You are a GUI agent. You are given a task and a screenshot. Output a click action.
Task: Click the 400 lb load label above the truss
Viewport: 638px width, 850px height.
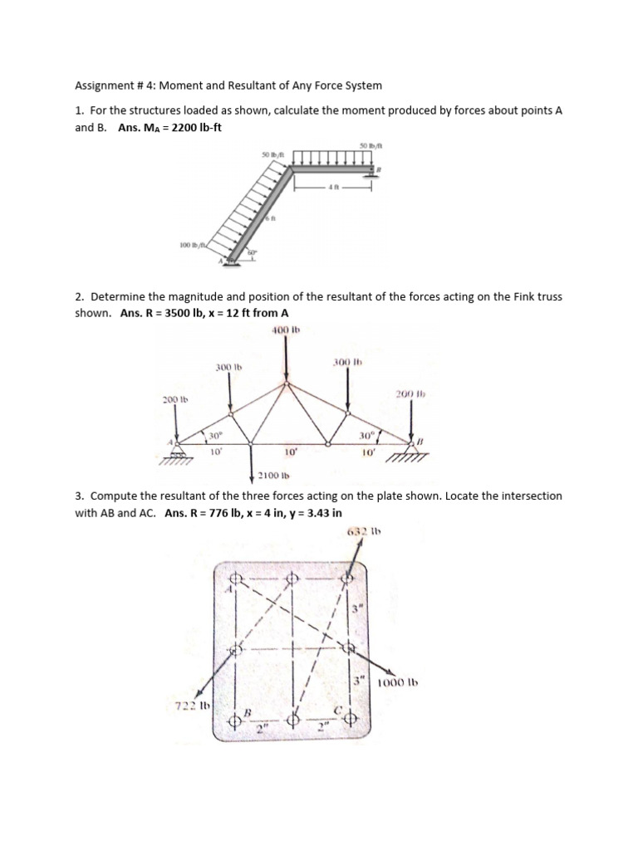click(285, 330)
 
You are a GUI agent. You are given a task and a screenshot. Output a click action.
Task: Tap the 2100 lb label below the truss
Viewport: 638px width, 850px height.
click(272, 476)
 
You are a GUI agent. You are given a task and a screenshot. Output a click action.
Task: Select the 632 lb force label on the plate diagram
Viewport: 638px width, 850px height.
click(360, 531)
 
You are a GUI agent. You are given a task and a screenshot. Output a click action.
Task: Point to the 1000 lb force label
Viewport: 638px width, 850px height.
click(396, 683)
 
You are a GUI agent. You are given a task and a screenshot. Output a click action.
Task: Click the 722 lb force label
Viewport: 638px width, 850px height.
click(190, 706)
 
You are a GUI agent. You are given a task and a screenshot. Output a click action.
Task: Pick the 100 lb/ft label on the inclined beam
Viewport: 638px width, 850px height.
click(193, 244)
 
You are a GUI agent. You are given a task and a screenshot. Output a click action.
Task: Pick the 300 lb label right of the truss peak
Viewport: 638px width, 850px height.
click(346, 362)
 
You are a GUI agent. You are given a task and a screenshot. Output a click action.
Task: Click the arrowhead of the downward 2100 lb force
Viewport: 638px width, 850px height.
click(252, 480)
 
